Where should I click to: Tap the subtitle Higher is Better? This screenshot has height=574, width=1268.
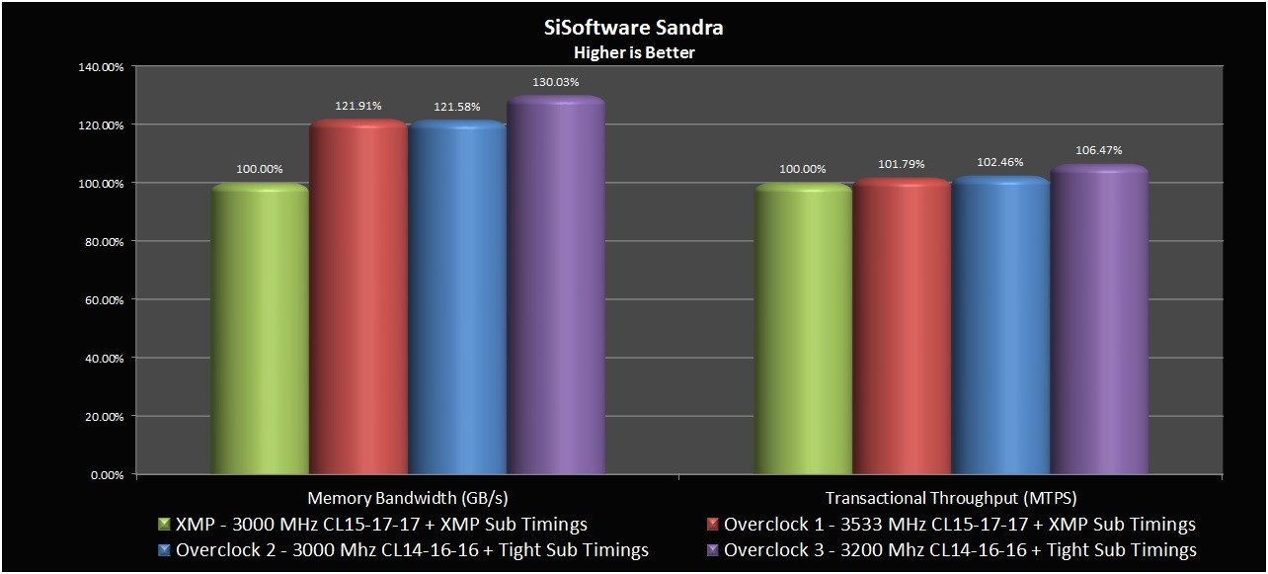(x=634, y=52)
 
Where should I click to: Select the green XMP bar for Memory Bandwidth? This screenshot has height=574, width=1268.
(x=260, y=331)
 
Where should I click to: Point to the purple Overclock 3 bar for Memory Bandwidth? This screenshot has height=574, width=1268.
(x=555, y=287)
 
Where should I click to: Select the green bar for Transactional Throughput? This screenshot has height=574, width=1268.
(x=803, y=331)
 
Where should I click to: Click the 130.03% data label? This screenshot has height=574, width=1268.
(x=555, y=82)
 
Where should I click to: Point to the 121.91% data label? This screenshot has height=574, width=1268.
(x=358, y=106)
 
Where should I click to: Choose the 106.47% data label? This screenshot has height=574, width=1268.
(x=1099, y=150)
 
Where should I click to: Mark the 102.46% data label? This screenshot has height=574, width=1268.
(x=1000, y=162)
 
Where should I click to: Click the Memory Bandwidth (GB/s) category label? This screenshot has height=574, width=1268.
(x=407, y=499)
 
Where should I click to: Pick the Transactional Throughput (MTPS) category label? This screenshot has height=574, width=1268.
(x=950, y=499)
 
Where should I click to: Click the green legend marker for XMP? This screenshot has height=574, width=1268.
(x=163, y=525)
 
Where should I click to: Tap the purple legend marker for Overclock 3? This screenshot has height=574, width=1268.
(x=712, y=550)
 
